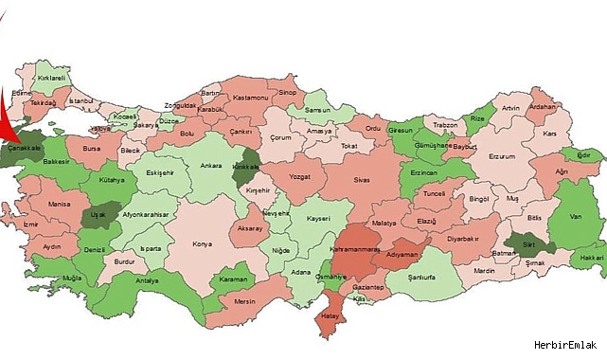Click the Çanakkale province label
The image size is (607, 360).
[26, 147]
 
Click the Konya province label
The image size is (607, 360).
[202, 243]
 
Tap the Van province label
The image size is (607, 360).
[574, 217]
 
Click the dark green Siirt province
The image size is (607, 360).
[531, 243]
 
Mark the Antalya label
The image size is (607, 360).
[148, 280]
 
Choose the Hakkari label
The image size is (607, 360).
[591, 259]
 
